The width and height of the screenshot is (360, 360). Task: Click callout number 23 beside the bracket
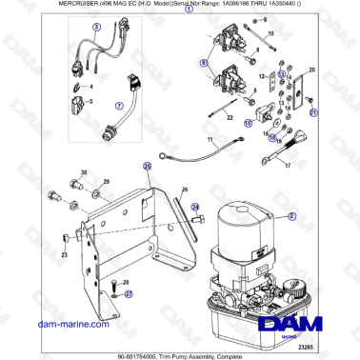point(64,255)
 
